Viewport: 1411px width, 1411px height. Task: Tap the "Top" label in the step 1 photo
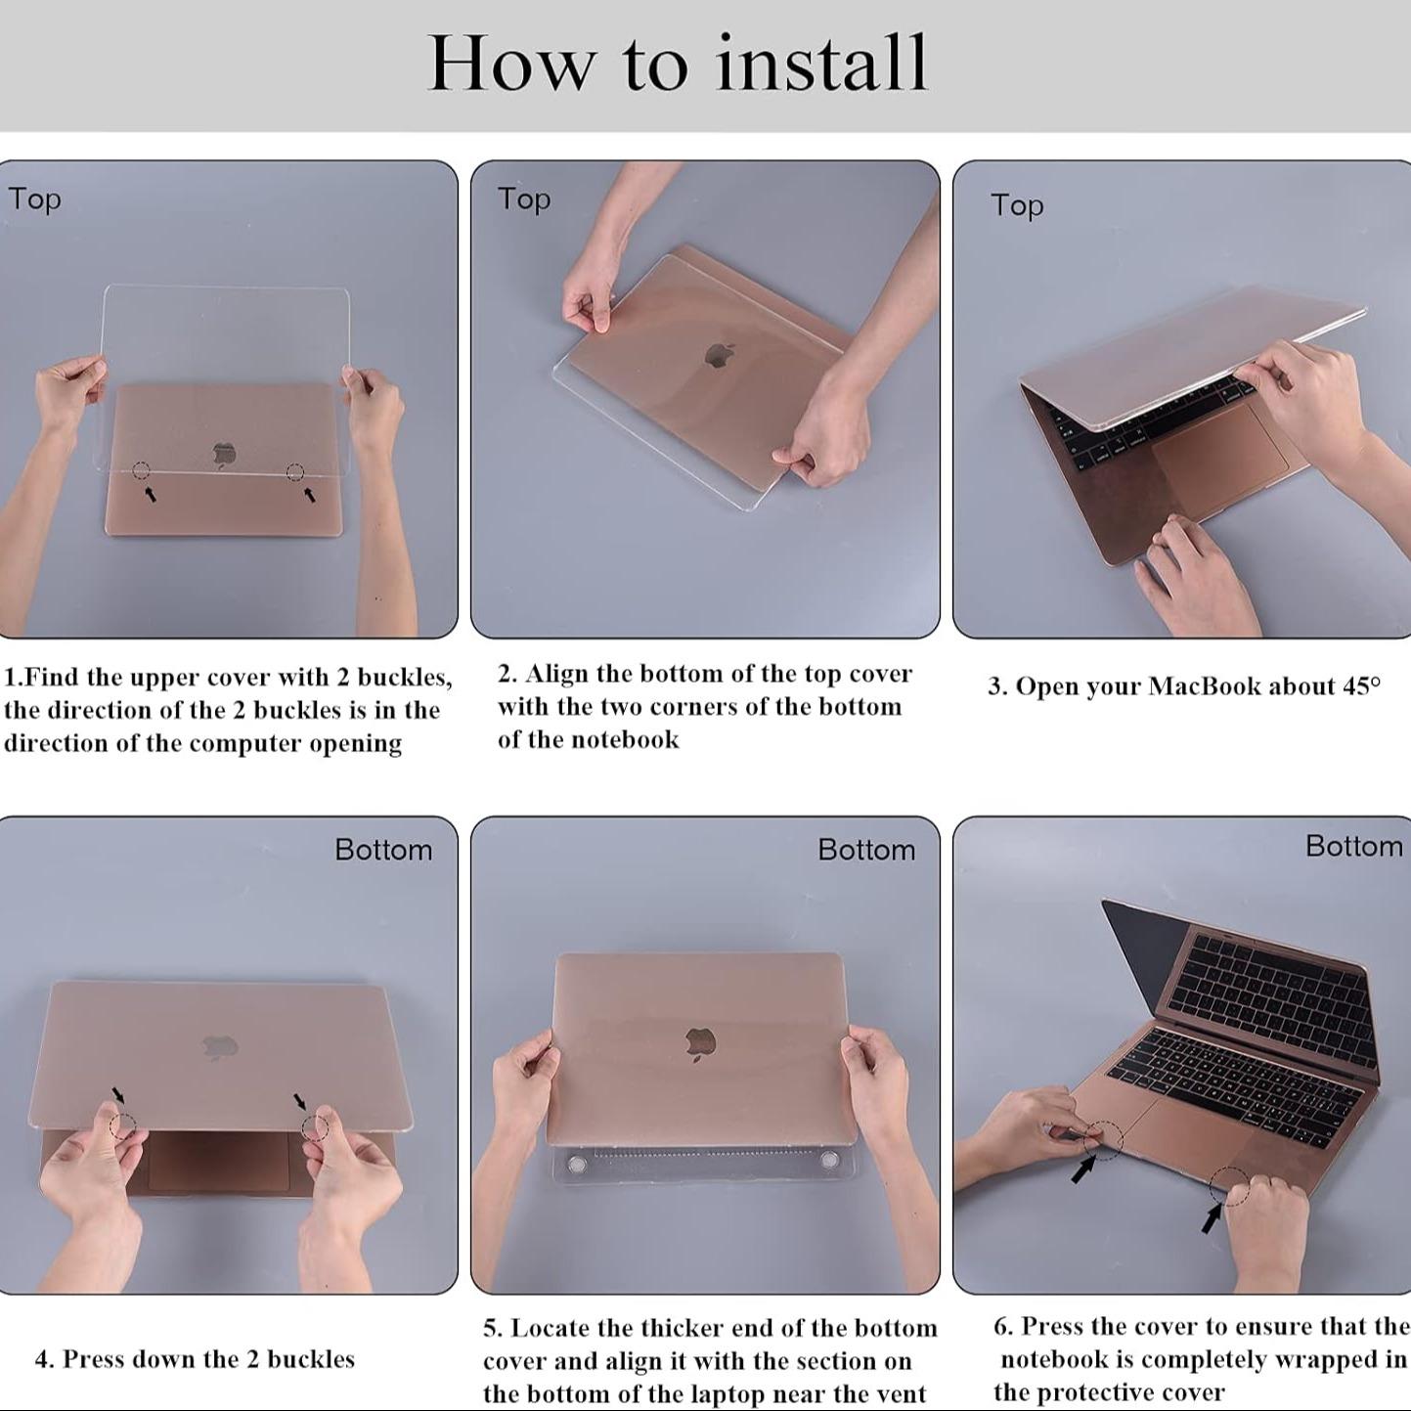pos(34,200)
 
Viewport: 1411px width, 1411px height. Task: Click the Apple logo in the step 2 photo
pos(721,354)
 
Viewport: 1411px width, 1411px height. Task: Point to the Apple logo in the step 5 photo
pos(701,1044)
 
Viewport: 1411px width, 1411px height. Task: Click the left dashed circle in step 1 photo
pos(142,470)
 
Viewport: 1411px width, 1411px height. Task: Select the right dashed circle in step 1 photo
pos(295,472)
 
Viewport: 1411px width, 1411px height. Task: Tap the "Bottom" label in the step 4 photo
pos(383,850)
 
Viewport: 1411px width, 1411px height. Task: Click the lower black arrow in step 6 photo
pos(1213,1218)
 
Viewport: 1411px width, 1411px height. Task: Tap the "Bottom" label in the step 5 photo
pos(867,850)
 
